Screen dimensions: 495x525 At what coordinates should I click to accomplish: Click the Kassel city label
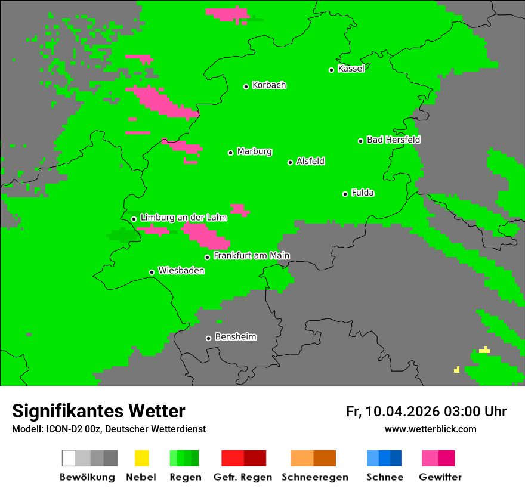351,69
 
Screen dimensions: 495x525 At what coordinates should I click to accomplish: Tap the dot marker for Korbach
246,86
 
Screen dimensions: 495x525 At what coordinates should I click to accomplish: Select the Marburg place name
254,151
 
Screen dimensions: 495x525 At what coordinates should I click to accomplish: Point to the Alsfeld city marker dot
290,162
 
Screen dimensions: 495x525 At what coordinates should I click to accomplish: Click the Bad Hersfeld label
393,140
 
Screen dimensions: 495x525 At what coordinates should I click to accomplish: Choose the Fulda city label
363,193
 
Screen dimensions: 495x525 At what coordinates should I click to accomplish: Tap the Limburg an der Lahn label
183,218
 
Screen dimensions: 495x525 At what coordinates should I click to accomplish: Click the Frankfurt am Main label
251,255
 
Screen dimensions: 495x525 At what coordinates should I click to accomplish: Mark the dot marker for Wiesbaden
152,272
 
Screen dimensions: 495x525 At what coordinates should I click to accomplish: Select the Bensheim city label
235,337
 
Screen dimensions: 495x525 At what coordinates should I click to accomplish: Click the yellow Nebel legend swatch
142,458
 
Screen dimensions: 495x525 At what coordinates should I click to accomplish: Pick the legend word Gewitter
440,477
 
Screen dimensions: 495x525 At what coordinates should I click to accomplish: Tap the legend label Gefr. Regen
243,477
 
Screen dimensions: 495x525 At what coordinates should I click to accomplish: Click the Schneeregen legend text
314,477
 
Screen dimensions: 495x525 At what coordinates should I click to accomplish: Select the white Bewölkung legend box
69,458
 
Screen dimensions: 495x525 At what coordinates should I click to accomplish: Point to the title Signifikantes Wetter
98,411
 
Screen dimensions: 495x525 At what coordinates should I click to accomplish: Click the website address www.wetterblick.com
430,429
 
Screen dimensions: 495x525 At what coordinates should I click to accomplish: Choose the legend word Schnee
385,477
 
